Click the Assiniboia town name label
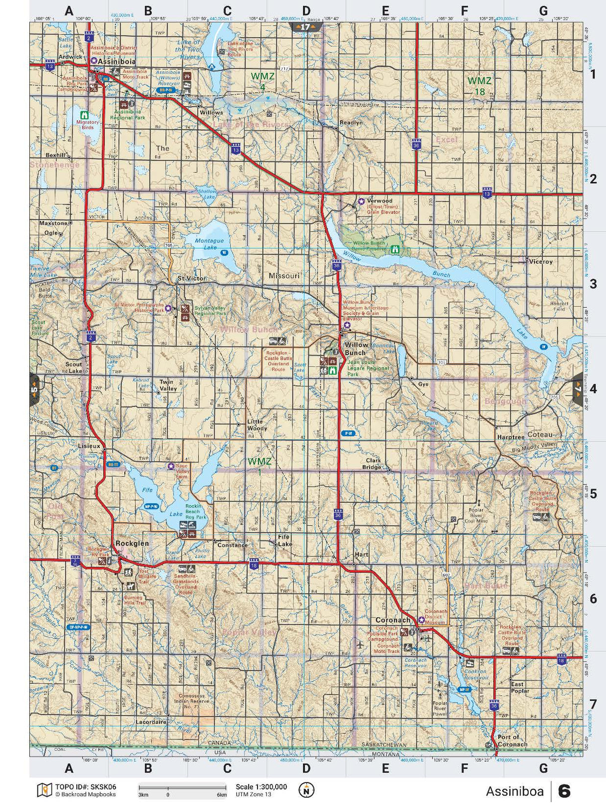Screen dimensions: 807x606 tap(116, 61)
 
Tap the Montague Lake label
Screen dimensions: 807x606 tap(210, 244)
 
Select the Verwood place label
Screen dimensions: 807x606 tap(379, 201)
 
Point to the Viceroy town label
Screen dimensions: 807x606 tap(541, 261)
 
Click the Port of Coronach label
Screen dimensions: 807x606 tap(512, 741)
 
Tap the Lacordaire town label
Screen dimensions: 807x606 tap(150, 721)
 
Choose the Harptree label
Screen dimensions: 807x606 tap(511, 437)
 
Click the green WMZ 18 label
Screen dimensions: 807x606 tap(479, 85)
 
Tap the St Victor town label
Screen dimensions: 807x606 tap(192, 278)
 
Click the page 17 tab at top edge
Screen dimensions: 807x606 tap(305, 27)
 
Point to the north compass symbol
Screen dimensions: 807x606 tap(306, 790)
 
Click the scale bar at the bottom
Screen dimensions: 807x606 tap(183, 788)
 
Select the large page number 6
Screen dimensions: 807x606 tap(564, 792)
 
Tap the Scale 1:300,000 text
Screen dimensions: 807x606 tap(261, 787)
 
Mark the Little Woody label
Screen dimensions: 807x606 tap(258, 425)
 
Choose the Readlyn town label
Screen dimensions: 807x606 tap(351, 122)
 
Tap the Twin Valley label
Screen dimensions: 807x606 tap(168, 385)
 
